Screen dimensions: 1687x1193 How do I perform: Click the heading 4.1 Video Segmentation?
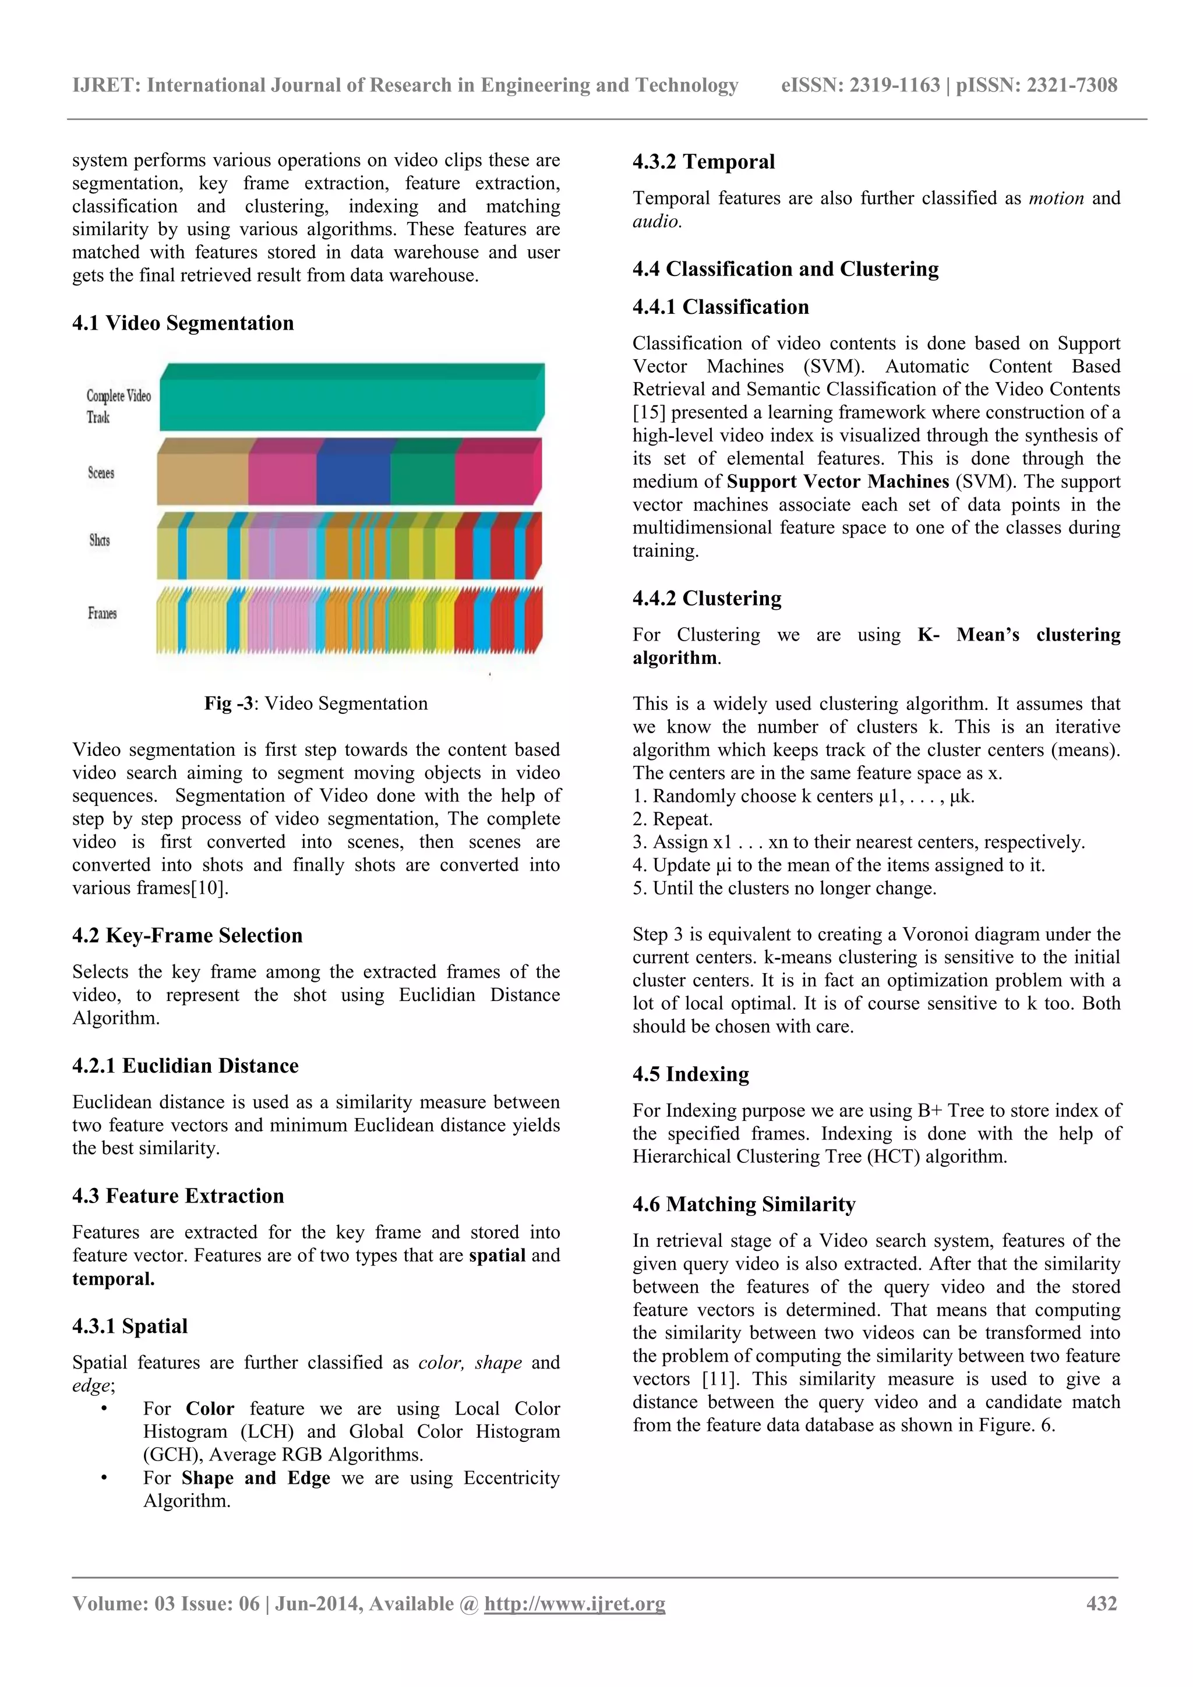(x=183, y=323)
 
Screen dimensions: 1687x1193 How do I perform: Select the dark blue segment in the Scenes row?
(x=353, y=478)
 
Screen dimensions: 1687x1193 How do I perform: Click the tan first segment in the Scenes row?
(x=202, y=478)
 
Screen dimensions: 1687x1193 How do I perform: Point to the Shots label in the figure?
(x=99, y=540)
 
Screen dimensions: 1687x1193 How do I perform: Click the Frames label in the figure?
(x=102, y=613)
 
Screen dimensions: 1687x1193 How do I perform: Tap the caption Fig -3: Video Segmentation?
(x=316, y=703)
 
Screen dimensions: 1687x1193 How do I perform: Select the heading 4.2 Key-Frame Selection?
(x=188, y=935)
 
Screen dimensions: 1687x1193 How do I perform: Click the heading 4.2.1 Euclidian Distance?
(x=185, y=1066)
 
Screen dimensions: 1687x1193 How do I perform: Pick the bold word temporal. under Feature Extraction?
(x=113, y=1278)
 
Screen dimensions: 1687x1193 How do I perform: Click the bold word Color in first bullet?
(x=210, y=1409)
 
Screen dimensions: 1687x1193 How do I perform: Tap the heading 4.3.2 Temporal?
(x=704, y=162)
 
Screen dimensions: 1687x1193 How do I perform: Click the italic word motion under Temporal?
(x=1056, y=199)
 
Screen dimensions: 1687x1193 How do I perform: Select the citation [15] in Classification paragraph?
(x=648, y=413)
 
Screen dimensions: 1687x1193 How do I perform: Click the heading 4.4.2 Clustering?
(x=707, y=598)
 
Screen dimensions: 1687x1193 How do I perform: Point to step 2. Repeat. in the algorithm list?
(x=673, y=819)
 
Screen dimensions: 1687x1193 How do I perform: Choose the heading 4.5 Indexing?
(x=690, y=1074)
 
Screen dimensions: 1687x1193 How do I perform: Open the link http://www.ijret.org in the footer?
(x=574, y=1603)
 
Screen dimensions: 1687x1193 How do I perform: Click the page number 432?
(x=1101, y=1603)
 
